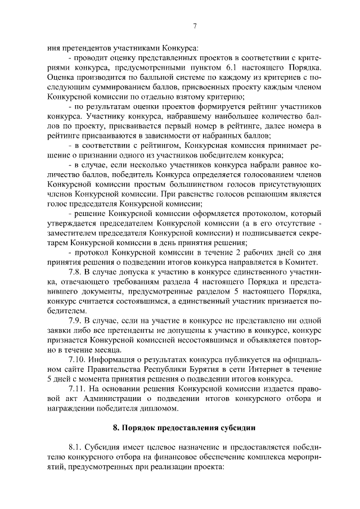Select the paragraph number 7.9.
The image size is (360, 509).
pos(76,321)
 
